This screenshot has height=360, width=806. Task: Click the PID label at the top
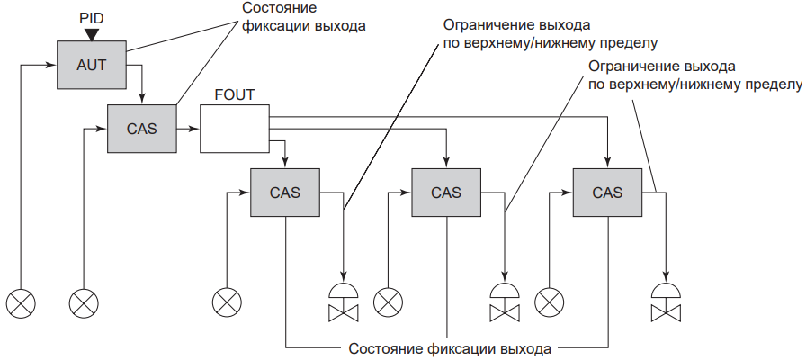pos(90,15)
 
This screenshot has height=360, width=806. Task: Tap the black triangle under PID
pos(90,34)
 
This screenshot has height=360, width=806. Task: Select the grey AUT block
pos(89,65)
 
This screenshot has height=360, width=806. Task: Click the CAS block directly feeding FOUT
pos(141,129)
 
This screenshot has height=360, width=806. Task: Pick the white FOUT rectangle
pos(234,129)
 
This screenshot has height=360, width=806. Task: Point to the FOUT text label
pos(234,94)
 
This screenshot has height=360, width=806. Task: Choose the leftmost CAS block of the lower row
pos(285,193)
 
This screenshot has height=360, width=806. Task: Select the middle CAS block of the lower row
pos(446,193)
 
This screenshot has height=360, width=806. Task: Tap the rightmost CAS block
pos(607,193)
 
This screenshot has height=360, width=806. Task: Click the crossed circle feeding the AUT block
pos(20,301)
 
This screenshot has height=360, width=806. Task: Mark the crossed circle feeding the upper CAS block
pos(84,301)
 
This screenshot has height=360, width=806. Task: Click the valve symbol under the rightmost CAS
pos(666,301)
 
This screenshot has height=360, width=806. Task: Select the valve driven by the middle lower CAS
pos(504,301)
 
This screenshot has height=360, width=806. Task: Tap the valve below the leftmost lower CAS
pos(343,301)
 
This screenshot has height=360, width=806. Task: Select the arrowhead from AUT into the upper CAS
pos(141,99)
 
